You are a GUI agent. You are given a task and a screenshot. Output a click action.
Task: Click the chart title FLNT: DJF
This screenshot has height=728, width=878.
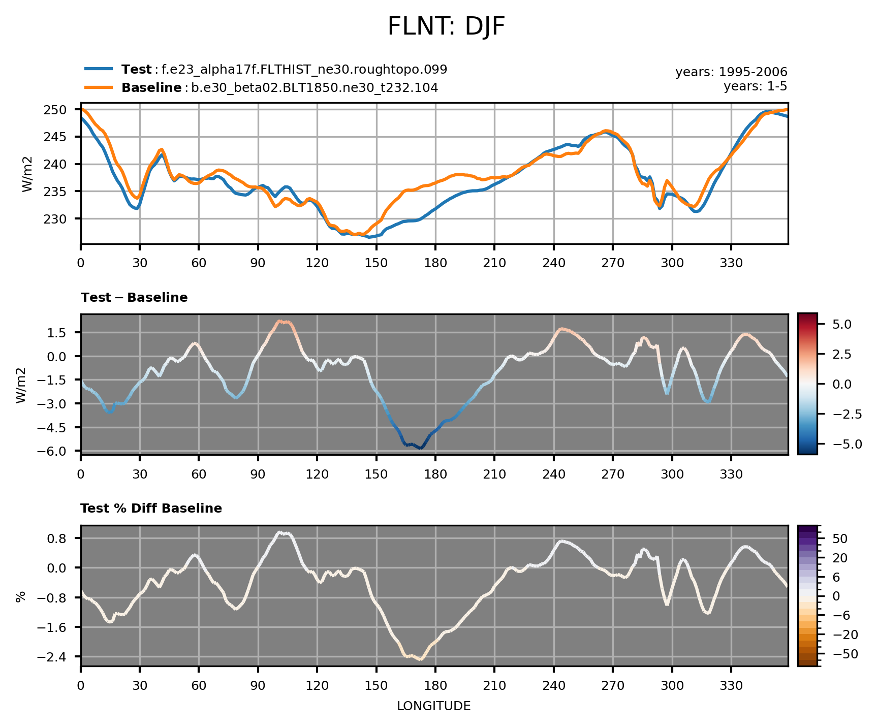(446, 27)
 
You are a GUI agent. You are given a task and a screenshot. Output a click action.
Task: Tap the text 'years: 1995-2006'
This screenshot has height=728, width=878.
(731, 72)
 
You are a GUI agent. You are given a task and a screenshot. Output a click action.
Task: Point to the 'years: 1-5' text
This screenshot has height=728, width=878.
(755, 86)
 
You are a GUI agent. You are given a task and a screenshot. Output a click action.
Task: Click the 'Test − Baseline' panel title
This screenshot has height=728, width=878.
(134, 298)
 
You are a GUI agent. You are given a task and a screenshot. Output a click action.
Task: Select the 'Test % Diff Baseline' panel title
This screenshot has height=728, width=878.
(151, 509)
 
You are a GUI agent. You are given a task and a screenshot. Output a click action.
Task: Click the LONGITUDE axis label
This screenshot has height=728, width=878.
(433, 706)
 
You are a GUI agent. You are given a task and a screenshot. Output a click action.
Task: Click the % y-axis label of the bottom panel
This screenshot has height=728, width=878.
(21, 597)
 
